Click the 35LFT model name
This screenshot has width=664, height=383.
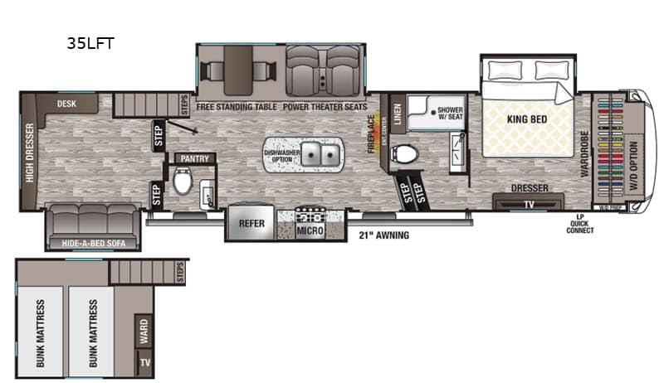pos(90,45)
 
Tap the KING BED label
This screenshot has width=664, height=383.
pos(527,119)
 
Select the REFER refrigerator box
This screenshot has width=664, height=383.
pos(251,223)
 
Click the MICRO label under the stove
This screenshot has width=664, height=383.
pos(310,230)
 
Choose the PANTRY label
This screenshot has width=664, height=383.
pos(193,158)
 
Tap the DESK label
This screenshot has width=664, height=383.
pos(67,104)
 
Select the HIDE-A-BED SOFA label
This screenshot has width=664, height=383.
pos(92,243)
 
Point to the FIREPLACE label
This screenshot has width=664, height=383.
pos(372,133)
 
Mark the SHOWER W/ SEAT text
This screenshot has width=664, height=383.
pos(449,114)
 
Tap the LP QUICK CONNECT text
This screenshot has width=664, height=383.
pos(580,224)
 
